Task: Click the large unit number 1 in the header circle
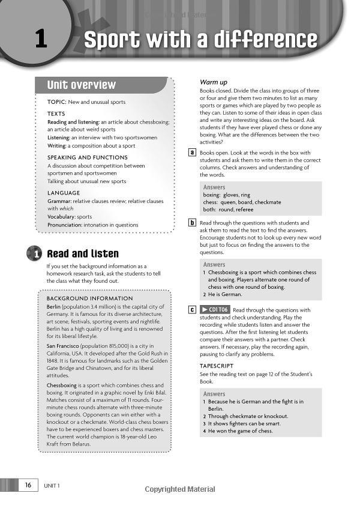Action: [x=40, y=39]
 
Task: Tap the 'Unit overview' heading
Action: [x=82, y=85]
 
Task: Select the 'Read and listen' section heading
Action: [x=83, y=254]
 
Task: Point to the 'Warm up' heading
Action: [x=214, y=82]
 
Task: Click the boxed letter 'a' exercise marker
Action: [x=192, y=153]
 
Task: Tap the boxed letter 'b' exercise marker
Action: [x=192, y=223]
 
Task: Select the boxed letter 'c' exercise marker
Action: [x=192, y=310]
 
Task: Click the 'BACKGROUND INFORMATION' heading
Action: [x=90, y=298]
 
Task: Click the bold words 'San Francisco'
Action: [x=67, y=346]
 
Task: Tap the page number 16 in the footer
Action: [x=28, y=485]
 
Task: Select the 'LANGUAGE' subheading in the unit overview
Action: [x=64, y=193]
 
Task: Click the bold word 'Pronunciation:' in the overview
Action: [x=67, y=225]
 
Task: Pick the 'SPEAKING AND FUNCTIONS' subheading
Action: [x=88, y=157]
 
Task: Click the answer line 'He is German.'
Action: [x=225, y=294]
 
